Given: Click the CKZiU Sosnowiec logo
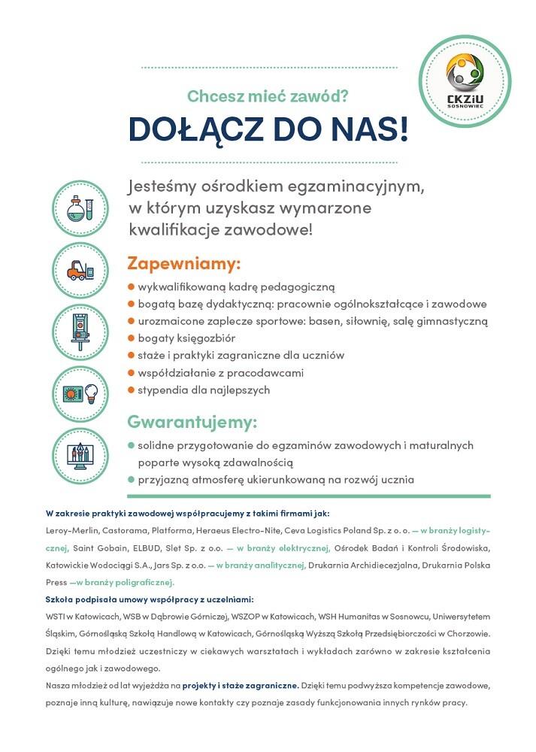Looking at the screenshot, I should point(469,81).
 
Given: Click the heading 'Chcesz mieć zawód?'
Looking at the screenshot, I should point(268,96).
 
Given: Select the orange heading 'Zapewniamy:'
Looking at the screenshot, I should point(184,264).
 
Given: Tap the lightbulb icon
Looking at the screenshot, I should point(91,392).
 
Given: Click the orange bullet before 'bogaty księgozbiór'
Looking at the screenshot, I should point(131,338).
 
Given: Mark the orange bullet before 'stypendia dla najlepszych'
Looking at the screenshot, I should point(131,390).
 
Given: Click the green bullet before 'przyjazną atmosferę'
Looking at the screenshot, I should point(131,479).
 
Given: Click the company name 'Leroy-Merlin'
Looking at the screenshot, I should point(68,531).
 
